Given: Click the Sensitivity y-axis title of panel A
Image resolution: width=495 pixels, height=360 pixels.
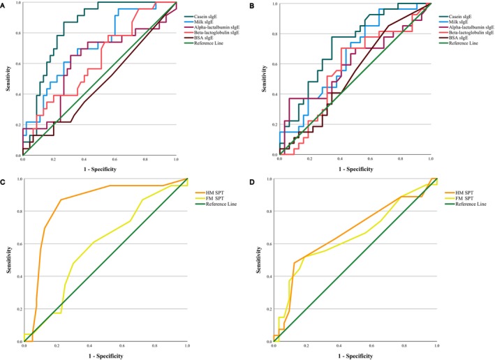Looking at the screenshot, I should (x=7, y=79).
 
